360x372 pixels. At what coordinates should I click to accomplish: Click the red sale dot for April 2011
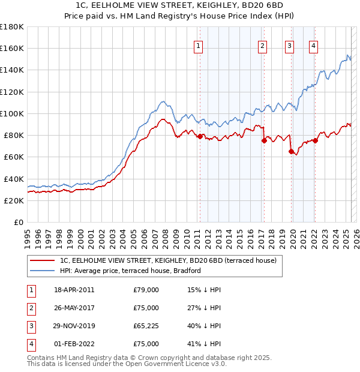click(x=200, y=136)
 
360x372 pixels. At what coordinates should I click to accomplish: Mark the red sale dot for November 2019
click(x=291, y=151)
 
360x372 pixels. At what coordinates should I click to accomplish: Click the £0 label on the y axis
click(x=19, y=223)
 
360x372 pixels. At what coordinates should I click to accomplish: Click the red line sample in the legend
click(x=41, y=260)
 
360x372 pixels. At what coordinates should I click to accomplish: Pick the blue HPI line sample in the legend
click(x=41, y=271)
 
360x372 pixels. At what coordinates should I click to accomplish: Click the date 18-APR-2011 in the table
click(x=74, y=290)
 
